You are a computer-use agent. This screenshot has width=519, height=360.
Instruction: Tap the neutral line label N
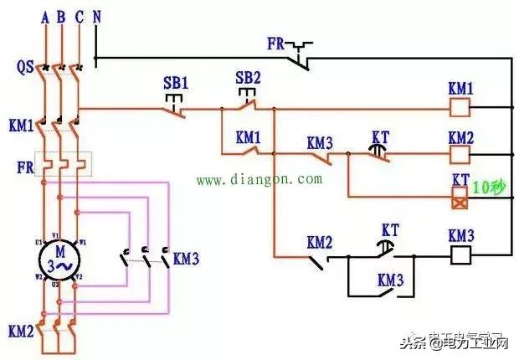click(98, 15)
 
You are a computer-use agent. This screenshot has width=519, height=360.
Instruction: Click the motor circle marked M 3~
click(59, 260)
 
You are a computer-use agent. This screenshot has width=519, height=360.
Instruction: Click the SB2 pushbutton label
click(248, 79)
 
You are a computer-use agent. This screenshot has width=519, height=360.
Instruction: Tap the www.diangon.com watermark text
click(259, 179)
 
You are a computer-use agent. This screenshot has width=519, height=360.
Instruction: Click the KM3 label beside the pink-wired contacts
click(186, 259)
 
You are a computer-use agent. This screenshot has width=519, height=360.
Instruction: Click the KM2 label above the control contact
click(319, 242)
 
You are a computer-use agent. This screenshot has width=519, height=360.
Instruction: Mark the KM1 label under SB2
click(249, 136)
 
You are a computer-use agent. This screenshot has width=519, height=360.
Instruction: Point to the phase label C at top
click(79, 15)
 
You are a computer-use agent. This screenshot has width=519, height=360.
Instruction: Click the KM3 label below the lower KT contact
click(391, 279)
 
